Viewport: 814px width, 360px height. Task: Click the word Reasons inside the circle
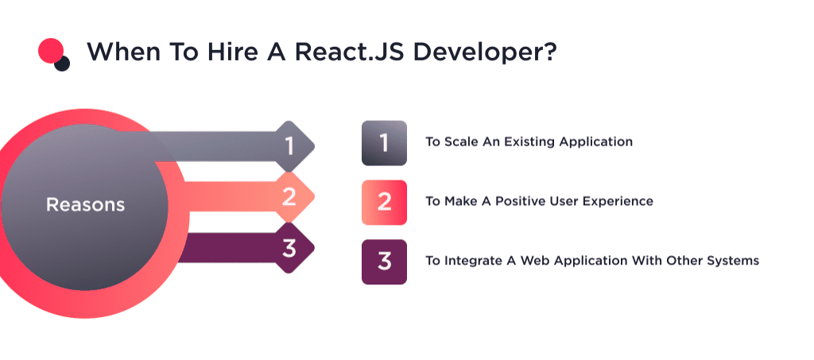85,204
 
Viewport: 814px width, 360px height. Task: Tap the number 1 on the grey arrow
289,145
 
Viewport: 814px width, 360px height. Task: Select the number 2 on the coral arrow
289,196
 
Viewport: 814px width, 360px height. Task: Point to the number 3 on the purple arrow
289,248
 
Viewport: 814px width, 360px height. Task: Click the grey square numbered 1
384,143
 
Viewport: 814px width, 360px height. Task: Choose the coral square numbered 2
384,202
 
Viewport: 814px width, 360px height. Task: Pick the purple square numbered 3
384,261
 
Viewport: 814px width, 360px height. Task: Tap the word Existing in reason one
525,142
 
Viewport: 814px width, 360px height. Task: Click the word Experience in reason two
617,202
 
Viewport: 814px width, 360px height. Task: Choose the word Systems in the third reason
735,261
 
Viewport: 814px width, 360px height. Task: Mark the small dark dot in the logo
62,64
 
